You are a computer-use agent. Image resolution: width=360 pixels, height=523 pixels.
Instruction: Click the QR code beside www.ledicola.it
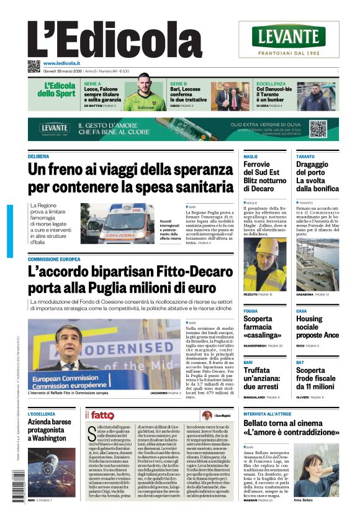click(34, 66)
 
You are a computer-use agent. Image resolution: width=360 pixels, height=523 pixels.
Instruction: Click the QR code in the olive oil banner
click(318, 129)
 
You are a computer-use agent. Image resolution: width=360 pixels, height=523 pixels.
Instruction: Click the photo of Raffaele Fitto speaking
click(104, 353)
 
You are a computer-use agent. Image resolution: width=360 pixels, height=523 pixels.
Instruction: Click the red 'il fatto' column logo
click(100, 416)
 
